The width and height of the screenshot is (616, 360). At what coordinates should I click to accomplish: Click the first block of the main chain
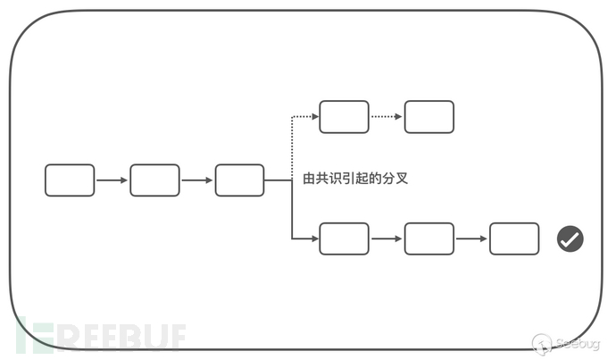(x=70, y=180)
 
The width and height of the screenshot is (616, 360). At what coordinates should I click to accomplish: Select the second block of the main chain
(x=154, y=180)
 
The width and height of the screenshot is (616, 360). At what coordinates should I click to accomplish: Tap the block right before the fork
(x=239, y=180)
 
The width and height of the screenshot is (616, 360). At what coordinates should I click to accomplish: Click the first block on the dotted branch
(x=344, y=117)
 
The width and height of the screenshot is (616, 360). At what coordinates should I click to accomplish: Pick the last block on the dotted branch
(x=429, y=117)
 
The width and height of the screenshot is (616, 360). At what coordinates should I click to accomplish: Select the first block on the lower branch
(x=344, y=239)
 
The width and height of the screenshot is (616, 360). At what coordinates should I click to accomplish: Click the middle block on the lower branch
(x=429, y=239)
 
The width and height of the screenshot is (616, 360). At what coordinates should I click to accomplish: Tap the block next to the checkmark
(x=514, y=239)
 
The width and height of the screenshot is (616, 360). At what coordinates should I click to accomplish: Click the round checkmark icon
(x=570, y=239)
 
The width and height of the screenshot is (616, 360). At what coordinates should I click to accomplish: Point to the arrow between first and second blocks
(x=112, y=180)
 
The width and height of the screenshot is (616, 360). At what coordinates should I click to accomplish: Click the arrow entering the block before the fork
(x=197, y=180)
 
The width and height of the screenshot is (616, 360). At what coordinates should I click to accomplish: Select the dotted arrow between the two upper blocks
(x=387, y=117)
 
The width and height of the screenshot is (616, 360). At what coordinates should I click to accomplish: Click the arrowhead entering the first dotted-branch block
(x=315, y=116)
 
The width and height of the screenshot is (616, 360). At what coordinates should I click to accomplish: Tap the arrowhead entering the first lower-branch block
(x=315, y=239)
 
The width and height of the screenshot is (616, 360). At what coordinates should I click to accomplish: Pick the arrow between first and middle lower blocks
(x=387, y=239)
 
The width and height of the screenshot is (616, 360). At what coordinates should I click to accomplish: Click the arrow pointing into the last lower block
(x=471, y=239)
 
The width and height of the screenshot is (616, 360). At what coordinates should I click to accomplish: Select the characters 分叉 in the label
(x=395, y=179)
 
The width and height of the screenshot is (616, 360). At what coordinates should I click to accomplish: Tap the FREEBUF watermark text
(x=102, y=337)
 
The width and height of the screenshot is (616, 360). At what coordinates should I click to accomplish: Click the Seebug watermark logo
(x=566, y=343)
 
